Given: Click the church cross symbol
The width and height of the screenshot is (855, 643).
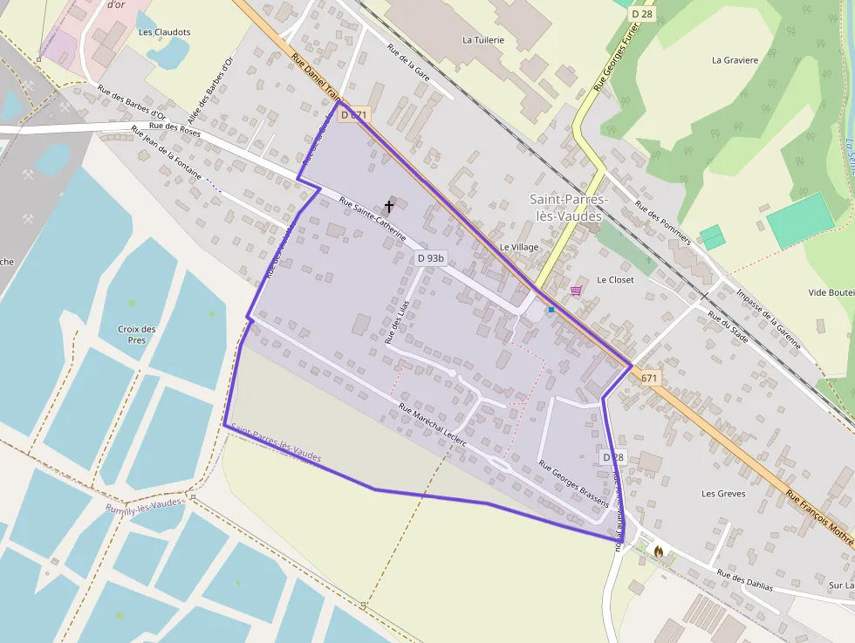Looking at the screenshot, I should click(x=389, y=207).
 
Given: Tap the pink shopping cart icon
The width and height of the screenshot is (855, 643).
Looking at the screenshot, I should click(x=576, y=290).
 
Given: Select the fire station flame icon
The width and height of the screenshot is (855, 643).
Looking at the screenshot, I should click(x=658, y=551).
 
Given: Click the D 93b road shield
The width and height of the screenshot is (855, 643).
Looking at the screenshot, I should click(x=430, y=258).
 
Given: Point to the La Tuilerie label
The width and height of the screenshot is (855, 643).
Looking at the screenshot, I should click(x=483, y=40).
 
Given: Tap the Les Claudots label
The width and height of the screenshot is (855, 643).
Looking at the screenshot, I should click(x=164, y=32).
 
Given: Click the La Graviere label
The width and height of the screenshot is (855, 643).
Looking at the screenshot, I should click(x=735, y=60).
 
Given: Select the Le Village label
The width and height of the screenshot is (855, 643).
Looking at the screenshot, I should click(x=519, y=247).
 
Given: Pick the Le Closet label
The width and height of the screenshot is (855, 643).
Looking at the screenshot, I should click(x=615, y=280).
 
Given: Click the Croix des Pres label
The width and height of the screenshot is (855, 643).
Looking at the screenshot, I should click(x=137, y=334).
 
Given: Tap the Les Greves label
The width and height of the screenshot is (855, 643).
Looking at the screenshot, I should click(x=723, y=494).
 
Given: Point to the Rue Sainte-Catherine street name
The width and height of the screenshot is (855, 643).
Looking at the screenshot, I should click(x=373, y=219).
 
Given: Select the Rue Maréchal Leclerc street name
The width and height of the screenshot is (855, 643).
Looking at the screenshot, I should click(x=432, y=426).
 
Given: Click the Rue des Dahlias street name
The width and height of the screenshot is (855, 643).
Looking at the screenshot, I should click(x=744, y=580).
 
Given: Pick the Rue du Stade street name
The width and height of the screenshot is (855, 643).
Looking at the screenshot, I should click(x=728, y=327).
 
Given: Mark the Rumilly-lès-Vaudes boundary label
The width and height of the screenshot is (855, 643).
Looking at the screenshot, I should click(x=145, y=505).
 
